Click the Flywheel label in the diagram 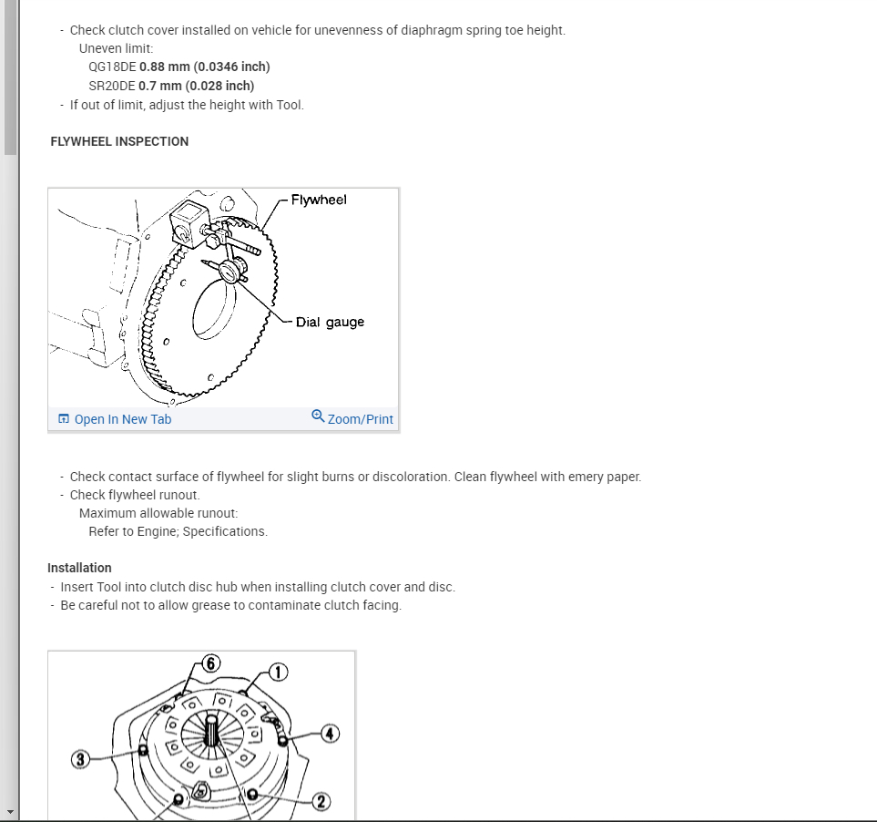click(x=319, y=200)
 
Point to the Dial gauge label click(x=330, y=322)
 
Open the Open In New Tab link click(x=122, y=419)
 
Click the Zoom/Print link click(x=360, y=419)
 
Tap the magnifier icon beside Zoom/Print click(x=318, y=416)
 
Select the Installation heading click(x=79, y=568)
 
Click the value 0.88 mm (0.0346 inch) click(x=205, y=67)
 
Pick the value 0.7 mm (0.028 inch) click(x=197, y=86)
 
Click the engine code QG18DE click(x=112, y=67)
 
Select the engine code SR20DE click(x=112, y=86)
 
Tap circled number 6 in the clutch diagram click(x=210, y=663)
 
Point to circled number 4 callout click(x=330, y=733)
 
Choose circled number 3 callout click(x=80, y=759)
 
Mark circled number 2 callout click(x=320, y=802)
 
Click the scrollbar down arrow click(x=9, y=811)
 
